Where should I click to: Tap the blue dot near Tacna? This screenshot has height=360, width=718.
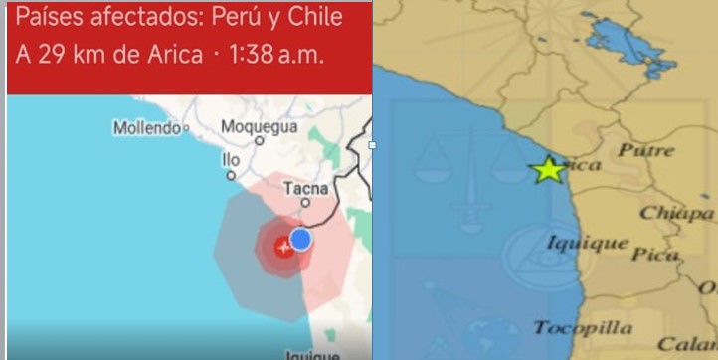point(300,239)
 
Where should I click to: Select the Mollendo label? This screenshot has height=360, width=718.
point(145,127)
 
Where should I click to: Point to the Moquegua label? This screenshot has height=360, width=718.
point(259,127)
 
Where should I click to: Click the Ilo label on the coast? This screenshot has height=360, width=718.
point(231,158)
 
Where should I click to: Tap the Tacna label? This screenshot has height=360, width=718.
point(306,187)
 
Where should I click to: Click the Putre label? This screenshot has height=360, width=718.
point(646,150)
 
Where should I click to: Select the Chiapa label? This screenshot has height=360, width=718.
point(676,212)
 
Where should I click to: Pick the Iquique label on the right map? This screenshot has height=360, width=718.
point(587,243)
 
